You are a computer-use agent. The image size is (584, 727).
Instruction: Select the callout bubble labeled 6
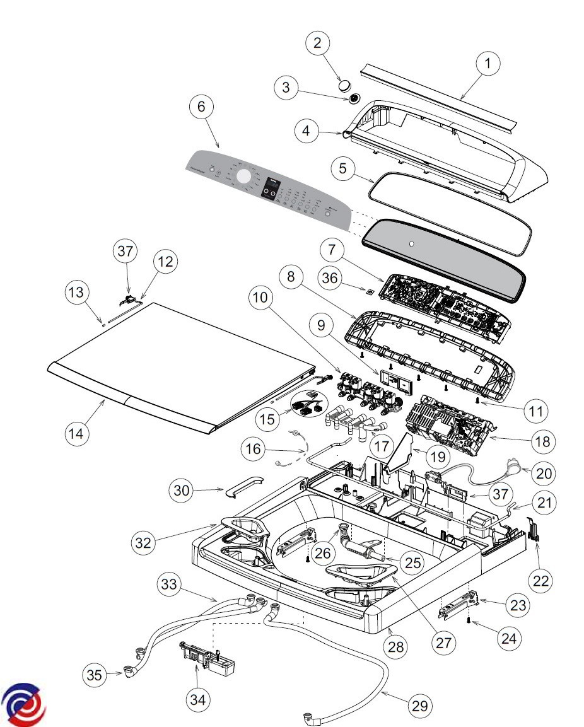click(201, 107)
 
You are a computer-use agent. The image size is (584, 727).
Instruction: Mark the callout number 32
click(144, 542)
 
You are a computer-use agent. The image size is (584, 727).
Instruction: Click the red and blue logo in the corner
click(23, 704)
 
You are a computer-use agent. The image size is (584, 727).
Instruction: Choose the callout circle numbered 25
click(413, 562)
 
